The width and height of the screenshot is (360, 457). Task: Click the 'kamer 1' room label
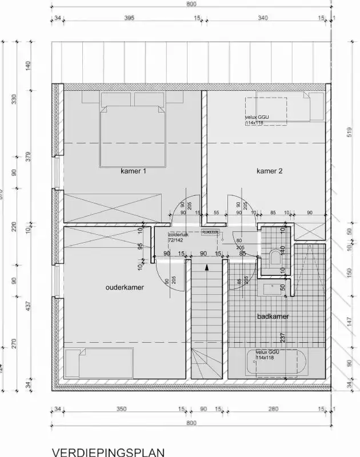(134, 170)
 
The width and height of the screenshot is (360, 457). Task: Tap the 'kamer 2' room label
(269, 170)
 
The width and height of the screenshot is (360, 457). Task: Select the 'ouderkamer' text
(125, 287)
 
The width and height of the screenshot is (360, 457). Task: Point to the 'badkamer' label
(273, 316)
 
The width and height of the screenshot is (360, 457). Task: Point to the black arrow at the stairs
(207, 264)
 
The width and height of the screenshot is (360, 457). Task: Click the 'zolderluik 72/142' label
(178, 237)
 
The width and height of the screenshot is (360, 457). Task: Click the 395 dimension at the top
(129, 19)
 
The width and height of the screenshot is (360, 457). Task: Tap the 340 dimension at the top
(262, 19)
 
